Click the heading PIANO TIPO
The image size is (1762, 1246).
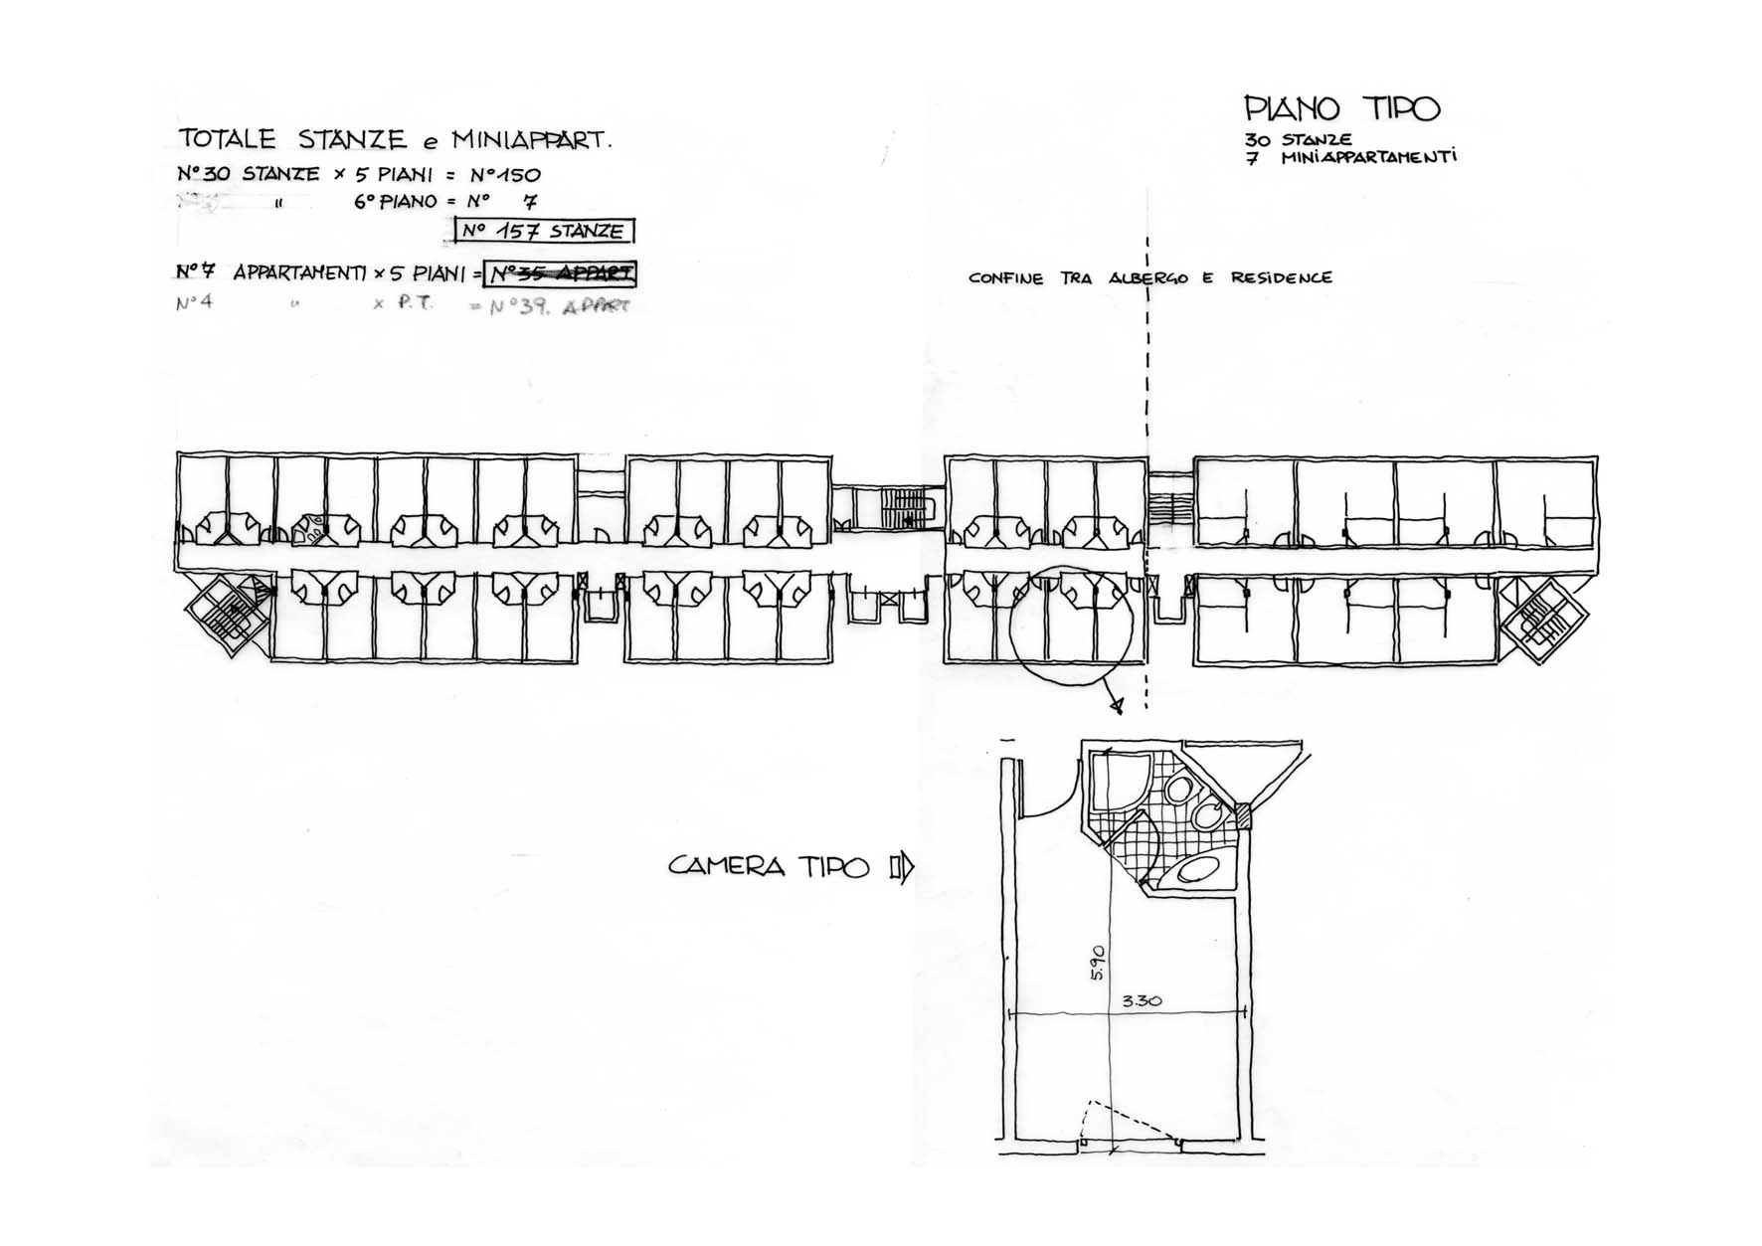pyautogui.click(x=1341, y=108)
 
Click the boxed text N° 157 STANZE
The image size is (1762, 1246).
pyautogui.click(x=545, y=232)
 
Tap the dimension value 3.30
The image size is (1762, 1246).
pyautogui.click(x=1142, y=1001)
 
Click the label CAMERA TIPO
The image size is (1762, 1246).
pyautogui.click(x=769, y=866)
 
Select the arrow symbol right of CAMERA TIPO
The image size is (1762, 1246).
pyautogui.click(x=902, y=868)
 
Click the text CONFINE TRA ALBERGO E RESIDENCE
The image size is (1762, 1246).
pyautogui.click(x=1149, y=278)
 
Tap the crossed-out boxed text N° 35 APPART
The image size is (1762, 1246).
pyautogui.click(x=561, y=273)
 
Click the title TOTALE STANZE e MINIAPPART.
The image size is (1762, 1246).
pyautogui.click(x=394, y=139)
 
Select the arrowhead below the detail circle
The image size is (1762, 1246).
pyautogui.click(x=1119, y=706)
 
